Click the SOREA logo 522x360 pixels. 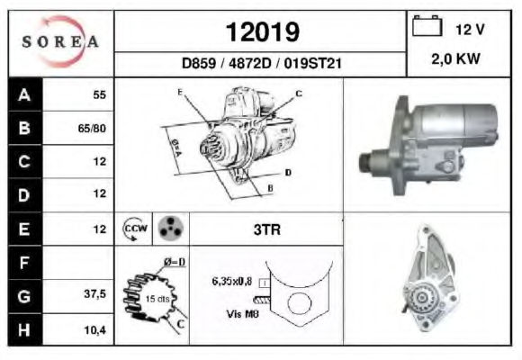point(60,41)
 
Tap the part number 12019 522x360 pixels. point(263,32)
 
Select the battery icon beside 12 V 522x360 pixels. point(427,25)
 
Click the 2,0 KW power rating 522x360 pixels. point(455,58)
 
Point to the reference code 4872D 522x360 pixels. point(250,63)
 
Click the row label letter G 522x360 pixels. point(24,296)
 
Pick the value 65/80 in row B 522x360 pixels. point(92,128)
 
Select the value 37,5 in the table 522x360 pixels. point(94,294)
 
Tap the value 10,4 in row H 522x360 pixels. point(94,330)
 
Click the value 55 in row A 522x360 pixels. point(100,94)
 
